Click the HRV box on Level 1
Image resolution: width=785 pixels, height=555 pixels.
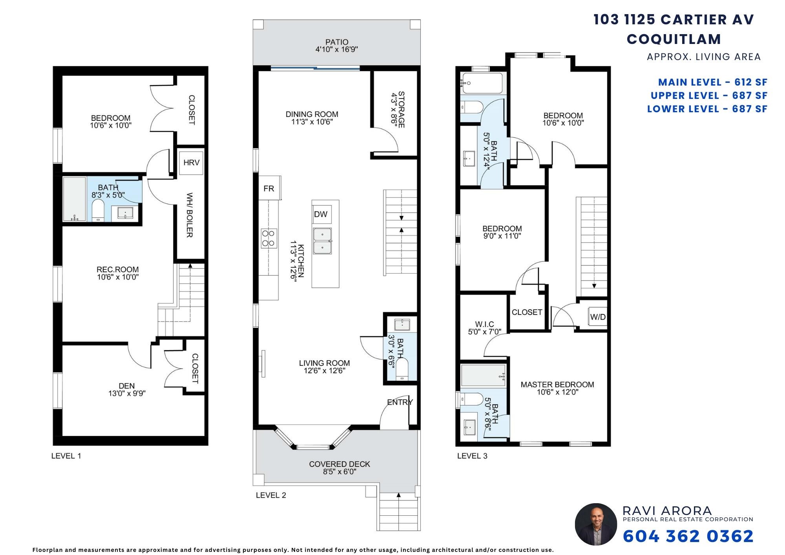[x=192, y=162]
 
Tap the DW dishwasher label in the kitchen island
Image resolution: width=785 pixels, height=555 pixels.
[x=321, y=214]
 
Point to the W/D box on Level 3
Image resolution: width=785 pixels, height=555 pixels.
[x=597, y=317]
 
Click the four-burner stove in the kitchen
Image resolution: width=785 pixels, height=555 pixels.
[x=268, y=238]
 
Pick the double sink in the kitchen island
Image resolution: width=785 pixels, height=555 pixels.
[x=322, y=241]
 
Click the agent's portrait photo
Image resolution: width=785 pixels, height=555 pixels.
[x=596, y=524]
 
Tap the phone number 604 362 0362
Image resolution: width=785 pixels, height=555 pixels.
[x=688, y=536]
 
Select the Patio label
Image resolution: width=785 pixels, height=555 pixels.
[x=337, y=42]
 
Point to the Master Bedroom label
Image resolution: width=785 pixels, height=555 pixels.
[x=557, y=385]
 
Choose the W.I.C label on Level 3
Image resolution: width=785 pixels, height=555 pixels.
[x=484, y=324]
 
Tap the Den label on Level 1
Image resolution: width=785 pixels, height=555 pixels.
[x=127, y=386]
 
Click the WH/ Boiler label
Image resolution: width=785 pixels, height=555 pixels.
[x=189, y=215]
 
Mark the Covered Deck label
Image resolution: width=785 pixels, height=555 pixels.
[x=340, y=464]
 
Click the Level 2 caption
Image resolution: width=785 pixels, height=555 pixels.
[x=271, y=495]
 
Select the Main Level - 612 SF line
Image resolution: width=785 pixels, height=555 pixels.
[x=712, y=82]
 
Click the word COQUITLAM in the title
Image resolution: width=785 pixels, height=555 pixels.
[x=674, y=39]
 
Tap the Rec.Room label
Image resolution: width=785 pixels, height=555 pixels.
[x=118, y=270]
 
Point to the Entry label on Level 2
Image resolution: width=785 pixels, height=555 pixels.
[x=400, y=402]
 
